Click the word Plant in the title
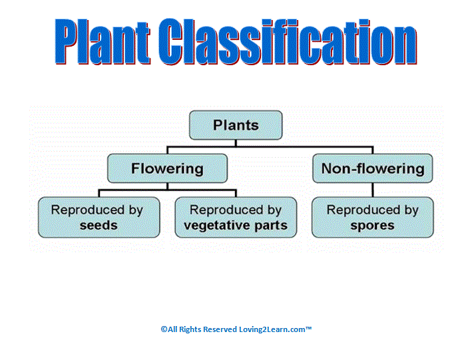(x=103, y=41)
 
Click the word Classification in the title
(x=288, y=41)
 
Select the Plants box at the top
(x=236, y=125)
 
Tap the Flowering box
(x=167, y=168)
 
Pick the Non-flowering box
(x=373, y=168)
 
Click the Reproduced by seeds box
(x=99, y=218)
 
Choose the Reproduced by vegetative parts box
(x=236, y=218)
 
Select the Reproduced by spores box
(x=373, y=218)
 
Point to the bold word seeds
(x=99, y=226)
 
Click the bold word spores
(x=372, y=226)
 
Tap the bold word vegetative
(x=217, y=226)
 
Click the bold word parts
(x=271, y=226)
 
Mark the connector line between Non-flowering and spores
(x=373, y=190)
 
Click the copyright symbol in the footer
(x=164, y=329)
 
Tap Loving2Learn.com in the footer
(x=272, y=329)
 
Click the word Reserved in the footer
(x=220, y=329)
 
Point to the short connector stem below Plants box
(x=236, y=143)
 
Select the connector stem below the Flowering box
(x=167, y=186)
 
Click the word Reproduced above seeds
(x=88, y=210)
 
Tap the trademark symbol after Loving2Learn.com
(x=308, y=327)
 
